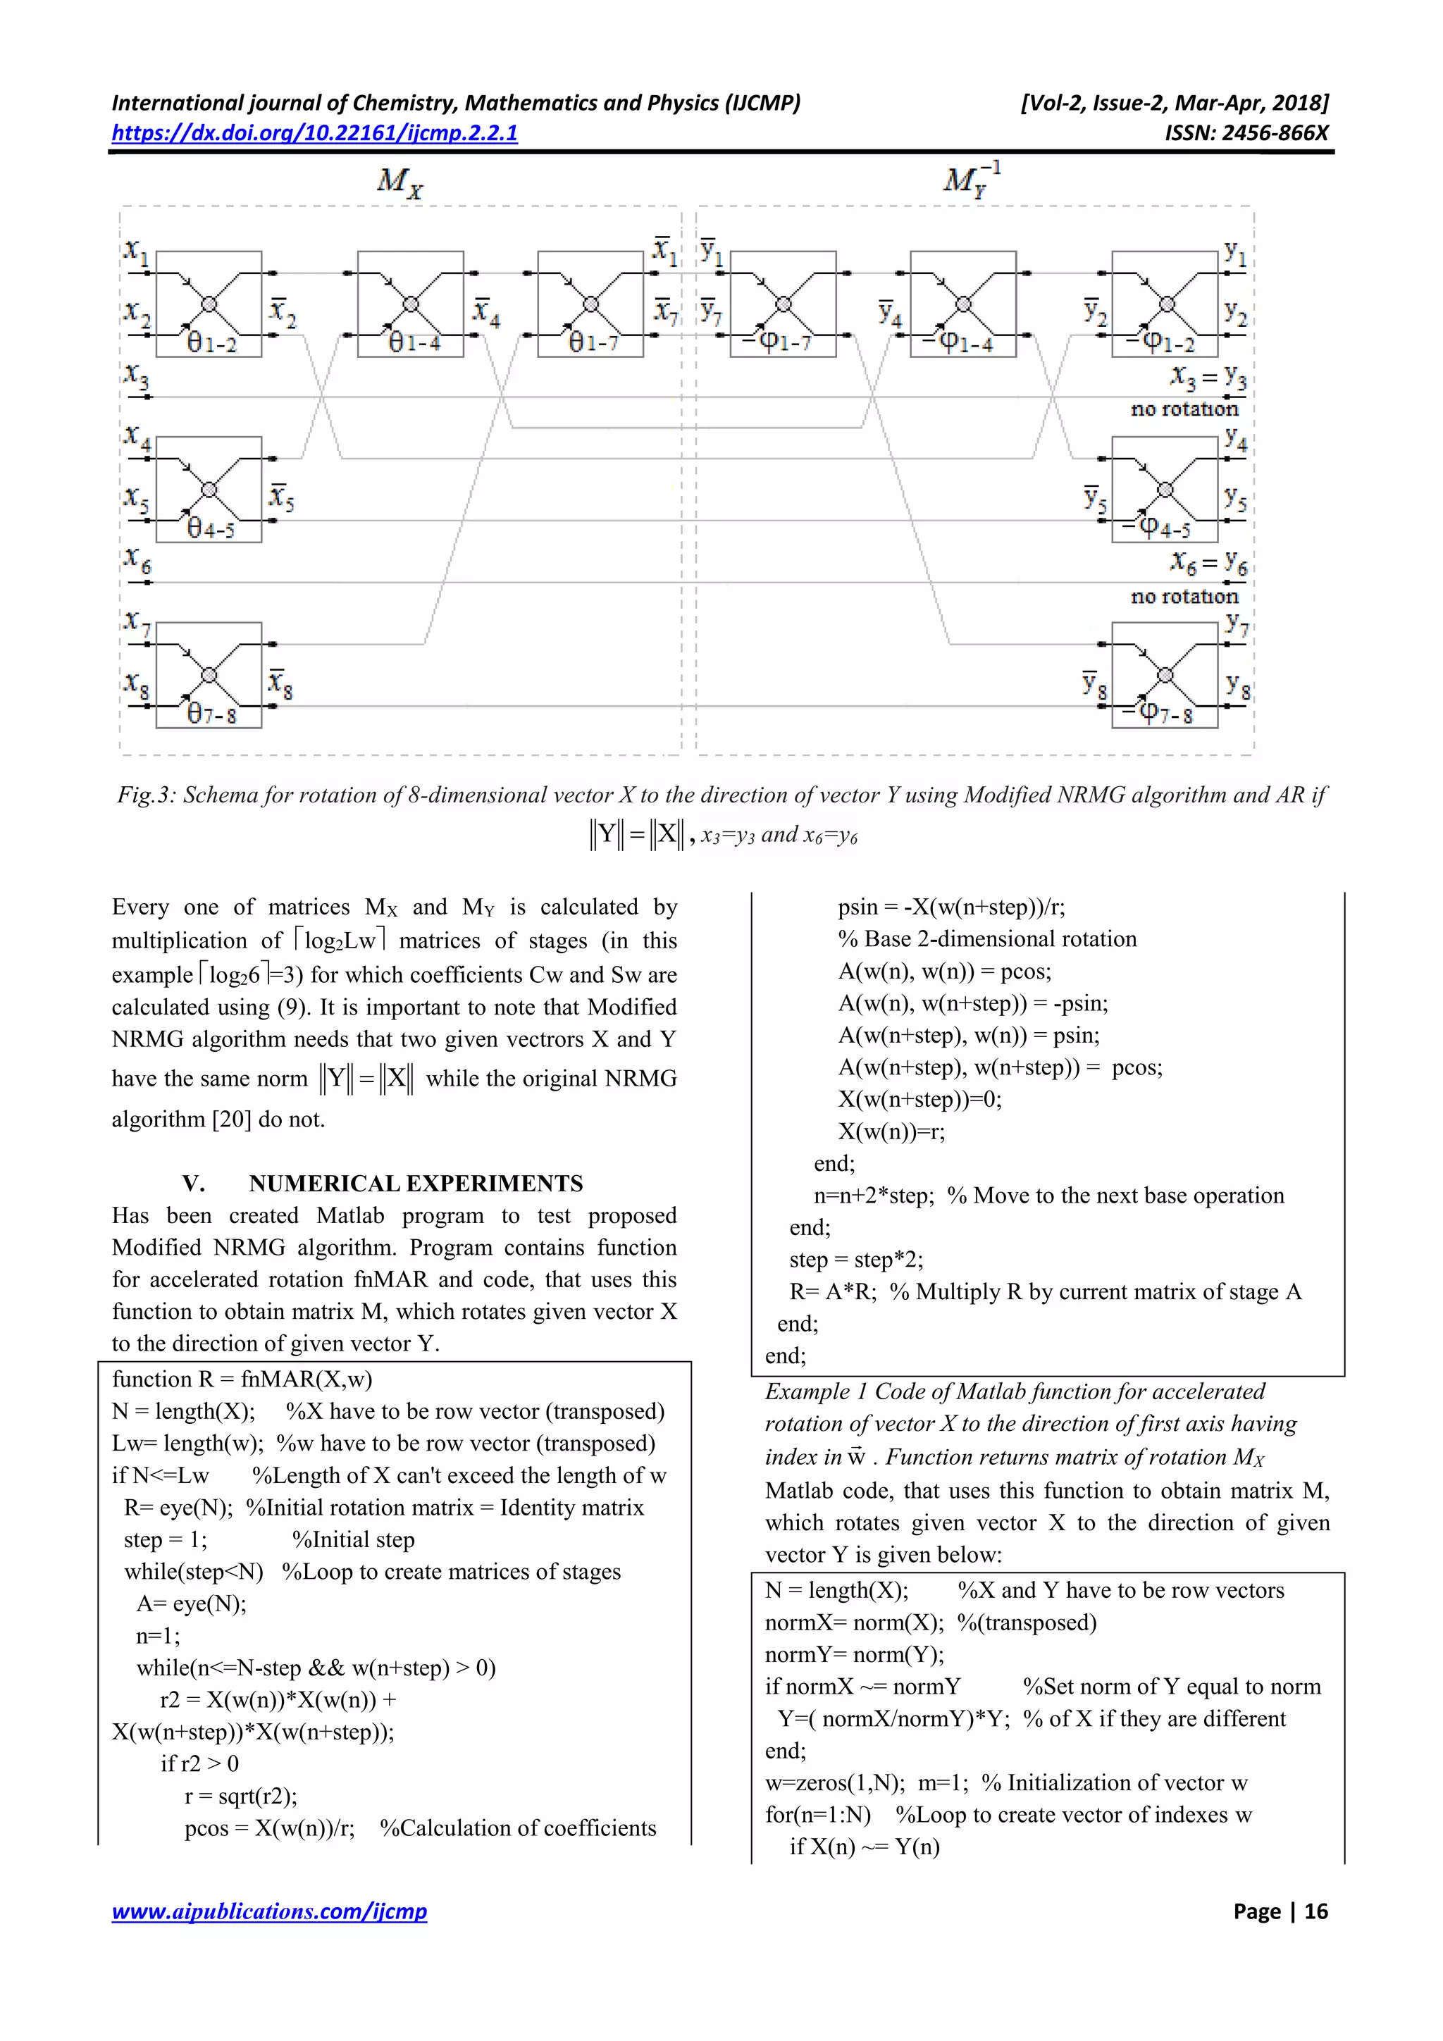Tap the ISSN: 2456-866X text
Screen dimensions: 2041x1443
tap(1246, 133)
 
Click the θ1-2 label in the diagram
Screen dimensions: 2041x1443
tap(211, 343)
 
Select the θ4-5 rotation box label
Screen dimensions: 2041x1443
tap(211, 529)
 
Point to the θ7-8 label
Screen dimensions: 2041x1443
tap(211, 714)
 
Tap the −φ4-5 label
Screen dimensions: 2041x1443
tap(1156, 528)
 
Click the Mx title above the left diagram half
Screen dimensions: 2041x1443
tap(400, 182)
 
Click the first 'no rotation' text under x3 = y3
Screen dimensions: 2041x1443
tap(1184, 409)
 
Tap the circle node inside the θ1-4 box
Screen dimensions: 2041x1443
tap(411, 305)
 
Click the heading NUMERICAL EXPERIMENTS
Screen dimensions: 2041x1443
tap(415, 1183)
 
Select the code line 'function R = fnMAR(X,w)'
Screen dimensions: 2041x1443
tap(242, 1379)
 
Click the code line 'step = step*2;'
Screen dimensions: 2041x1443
tap(855, 1260)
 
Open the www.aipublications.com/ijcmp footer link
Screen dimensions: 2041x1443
tap(268, 1911)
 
